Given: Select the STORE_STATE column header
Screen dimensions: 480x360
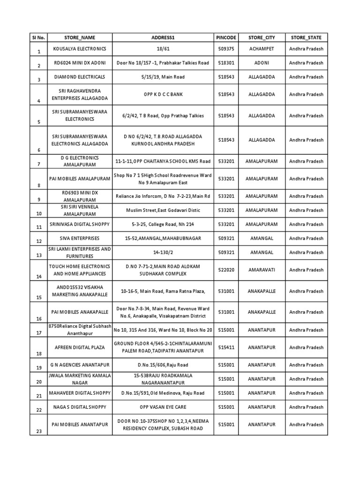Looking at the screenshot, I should point(306,37).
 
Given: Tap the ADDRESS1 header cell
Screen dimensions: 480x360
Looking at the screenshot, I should point(163,37).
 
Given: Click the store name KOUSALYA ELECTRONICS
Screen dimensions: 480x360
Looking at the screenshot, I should point(80,49).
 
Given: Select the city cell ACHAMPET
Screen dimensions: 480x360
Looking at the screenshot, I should point(261,49).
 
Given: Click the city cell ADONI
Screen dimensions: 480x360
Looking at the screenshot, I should point(261,63).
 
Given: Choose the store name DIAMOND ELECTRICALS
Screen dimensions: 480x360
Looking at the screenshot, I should point(80,77).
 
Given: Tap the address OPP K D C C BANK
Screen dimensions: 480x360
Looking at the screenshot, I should point(163,94).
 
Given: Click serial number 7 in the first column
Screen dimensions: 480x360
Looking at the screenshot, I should point(39,164).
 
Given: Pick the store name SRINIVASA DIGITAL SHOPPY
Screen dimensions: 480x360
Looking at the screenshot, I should point(80,225).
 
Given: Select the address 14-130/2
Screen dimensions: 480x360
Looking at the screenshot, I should point(163,252).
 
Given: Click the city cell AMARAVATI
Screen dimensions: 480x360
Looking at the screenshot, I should point(261,270).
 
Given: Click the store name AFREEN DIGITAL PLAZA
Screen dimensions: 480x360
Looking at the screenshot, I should point(80,347).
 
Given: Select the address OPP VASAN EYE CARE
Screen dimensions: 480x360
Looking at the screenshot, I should point(163,407).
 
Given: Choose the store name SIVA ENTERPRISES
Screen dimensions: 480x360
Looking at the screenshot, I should point(80,239).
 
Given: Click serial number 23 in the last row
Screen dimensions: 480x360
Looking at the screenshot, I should point(39,431).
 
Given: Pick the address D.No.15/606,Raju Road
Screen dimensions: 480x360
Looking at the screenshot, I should point(163,365).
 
